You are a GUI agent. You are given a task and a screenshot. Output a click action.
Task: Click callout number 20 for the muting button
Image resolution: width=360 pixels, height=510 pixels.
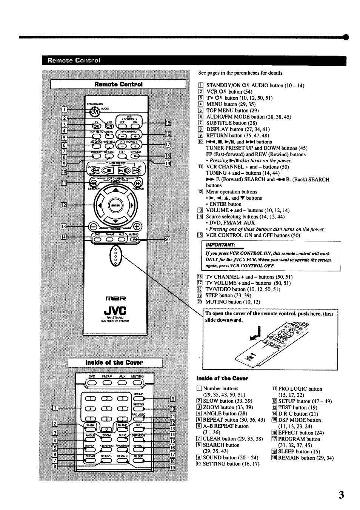168,239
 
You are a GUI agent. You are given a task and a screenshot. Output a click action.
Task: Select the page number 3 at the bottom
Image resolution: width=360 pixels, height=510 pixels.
341,495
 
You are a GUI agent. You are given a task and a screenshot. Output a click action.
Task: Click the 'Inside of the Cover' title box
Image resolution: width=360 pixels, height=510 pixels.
115,363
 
